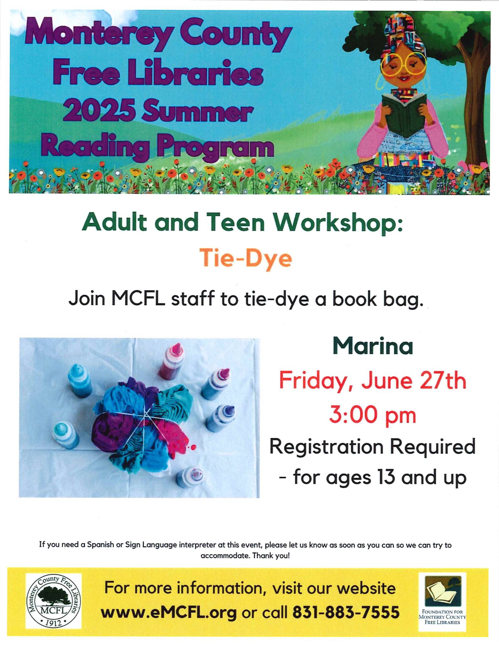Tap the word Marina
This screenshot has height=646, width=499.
(373, 346)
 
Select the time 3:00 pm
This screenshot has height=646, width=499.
(373, 415)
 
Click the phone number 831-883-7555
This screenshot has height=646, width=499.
(346, 612)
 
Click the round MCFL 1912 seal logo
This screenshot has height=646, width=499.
(53, 601)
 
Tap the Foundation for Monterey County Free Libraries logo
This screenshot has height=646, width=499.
(442, 601)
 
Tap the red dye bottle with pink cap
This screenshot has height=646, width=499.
(171, 362)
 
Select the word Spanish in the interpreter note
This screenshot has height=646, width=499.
(100, 545)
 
